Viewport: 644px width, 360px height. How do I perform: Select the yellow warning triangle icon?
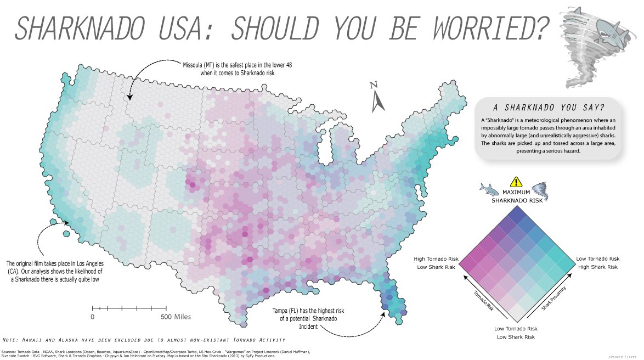coord(516,183)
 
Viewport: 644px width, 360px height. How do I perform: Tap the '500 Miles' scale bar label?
coord(176,317)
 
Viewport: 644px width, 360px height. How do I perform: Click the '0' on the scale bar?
coord(92,317)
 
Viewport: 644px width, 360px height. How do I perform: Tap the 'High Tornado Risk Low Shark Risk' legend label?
coord(436,263)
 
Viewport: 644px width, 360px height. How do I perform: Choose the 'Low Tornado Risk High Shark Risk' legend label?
coord(597,262)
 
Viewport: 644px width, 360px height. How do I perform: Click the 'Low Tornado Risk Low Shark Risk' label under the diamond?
coord(516,333)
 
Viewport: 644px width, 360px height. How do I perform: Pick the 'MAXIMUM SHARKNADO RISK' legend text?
coord(515,196)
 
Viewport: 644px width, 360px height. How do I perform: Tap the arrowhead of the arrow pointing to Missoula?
coord(129,97)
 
